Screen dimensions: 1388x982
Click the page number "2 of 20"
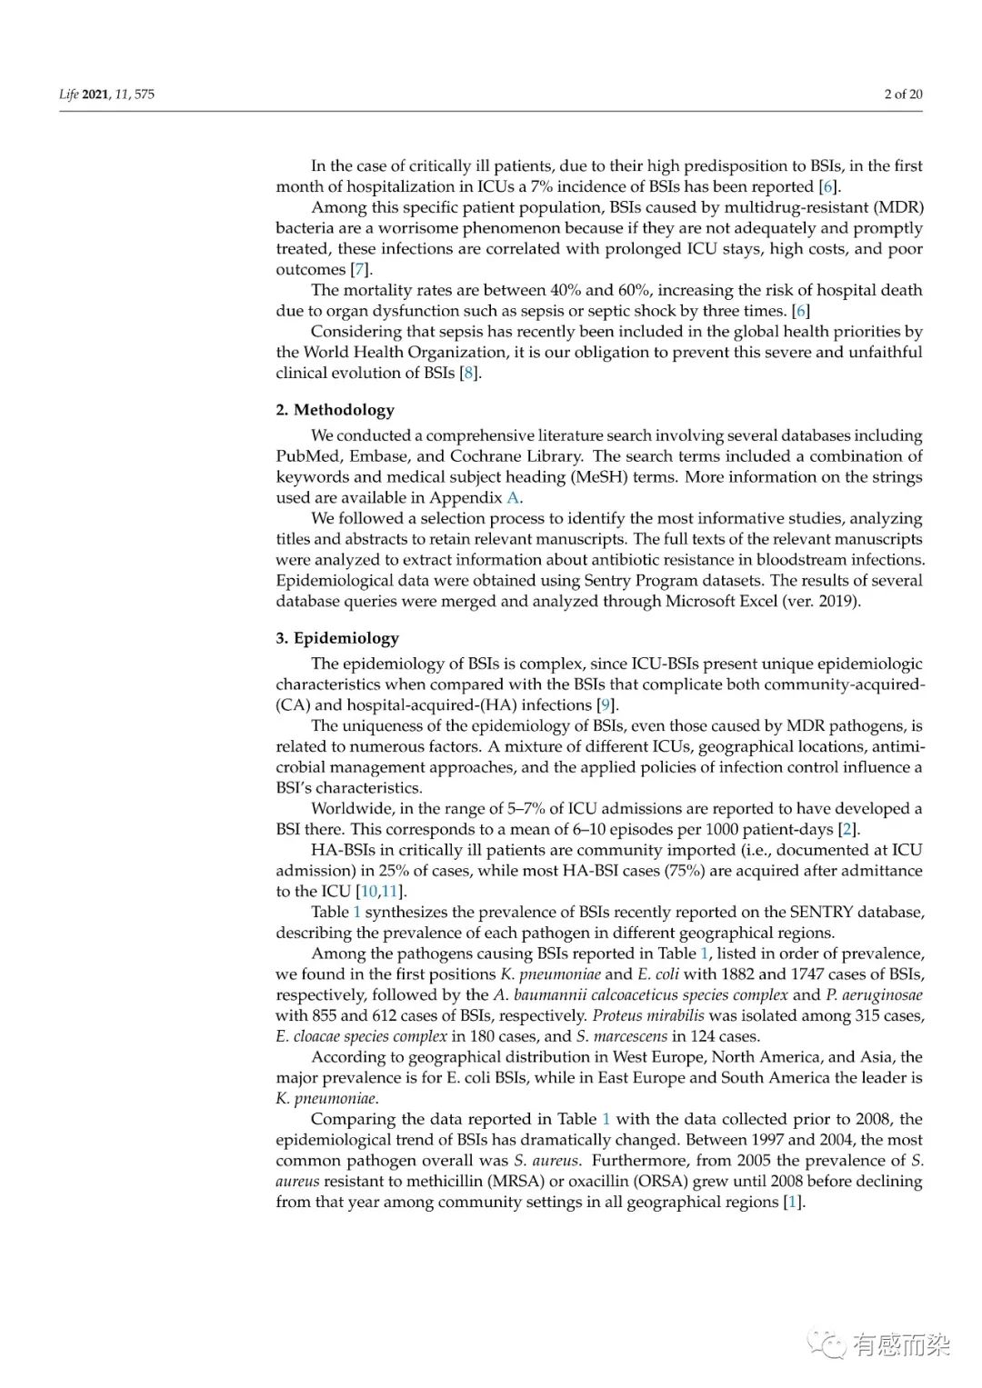pos(903,94)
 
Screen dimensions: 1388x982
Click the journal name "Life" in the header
pos(68,94)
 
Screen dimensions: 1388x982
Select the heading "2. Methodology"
pos(335,410)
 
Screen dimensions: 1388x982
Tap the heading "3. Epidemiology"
pos(337,638)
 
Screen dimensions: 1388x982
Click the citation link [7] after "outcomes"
pos(361,270)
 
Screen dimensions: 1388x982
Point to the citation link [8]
pos(468,373)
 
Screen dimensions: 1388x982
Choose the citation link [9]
pos(606,705)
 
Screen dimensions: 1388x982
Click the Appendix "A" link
pos(514,498)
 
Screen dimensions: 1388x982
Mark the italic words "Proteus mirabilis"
pos(648,1015)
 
